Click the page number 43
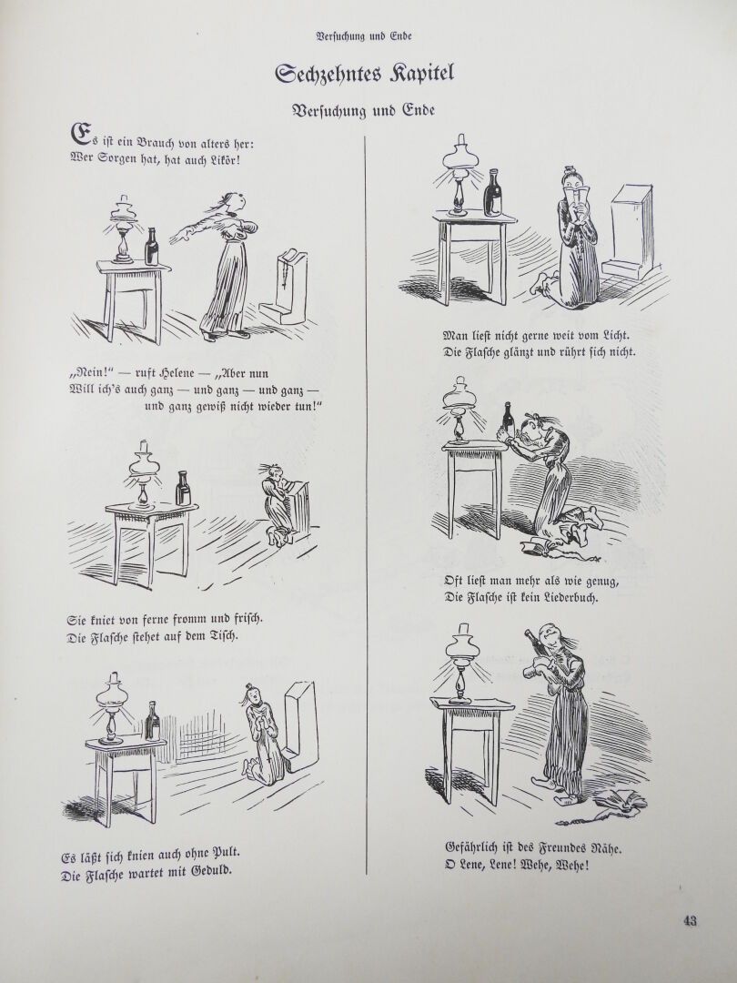click(x=690, y=921)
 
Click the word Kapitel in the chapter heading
click(x=422, y=74)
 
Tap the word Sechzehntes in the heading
click(x=328, y=74)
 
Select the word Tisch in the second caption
click(x=219, y=636)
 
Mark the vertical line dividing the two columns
click(x=366, y=505)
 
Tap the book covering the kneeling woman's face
click(x=575, y=189)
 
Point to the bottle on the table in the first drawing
click(x=151, y=247)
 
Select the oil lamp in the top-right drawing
click(x=459, y=174)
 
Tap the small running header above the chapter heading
click(x=363, y=36)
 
